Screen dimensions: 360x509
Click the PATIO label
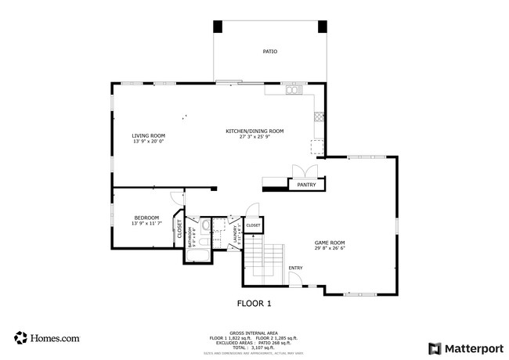pyautogui.click(x=269, y=52)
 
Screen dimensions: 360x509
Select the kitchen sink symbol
pyautogui.click(x=294, y=90)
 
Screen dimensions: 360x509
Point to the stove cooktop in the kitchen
pyautogui.click(x=318, y=117)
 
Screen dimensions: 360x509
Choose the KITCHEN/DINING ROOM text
pyautogui.click(x=254, y=131)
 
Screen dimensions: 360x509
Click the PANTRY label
pyautogui.click(x=306, y=185)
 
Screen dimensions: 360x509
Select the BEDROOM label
pyautogui.click(x=146, y=218)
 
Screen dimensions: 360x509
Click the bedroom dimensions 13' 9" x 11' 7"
pyautogui.click(x=146, y=224)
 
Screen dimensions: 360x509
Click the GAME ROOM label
pyautogui.click(x=330, y=243)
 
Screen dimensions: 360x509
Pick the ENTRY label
pyautogui.click(x=295, y=268)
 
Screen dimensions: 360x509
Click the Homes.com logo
pyautogui.click(x=47, y=338)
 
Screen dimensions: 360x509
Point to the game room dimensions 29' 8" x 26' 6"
pyautogui.click(x=330, y=249)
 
